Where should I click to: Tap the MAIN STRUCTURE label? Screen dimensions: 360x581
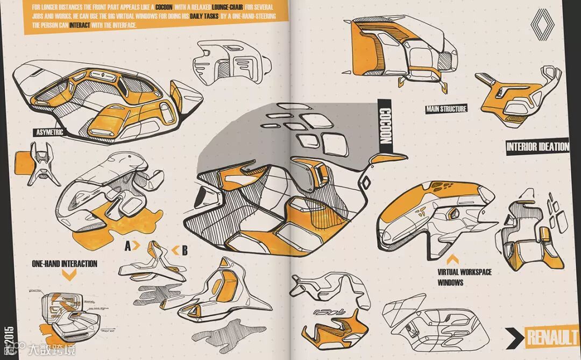pos(446,109)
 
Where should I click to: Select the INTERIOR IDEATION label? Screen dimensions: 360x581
pos(537,147)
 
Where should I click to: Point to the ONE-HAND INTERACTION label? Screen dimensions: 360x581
pos(65,264)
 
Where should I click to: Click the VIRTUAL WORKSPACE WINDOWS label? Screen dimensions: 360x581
pos(464,277)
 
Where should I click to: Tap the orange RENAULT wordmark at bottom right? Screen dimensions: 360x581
pos(551,338)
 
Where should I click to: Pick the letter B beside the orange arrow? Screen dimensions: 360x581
pos(184,250)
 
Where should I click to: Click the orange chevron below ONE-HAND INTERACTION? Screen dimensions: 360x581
pos(69,276)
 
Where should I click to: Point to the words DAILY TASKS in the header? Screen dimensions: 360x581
pos(204,17)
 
